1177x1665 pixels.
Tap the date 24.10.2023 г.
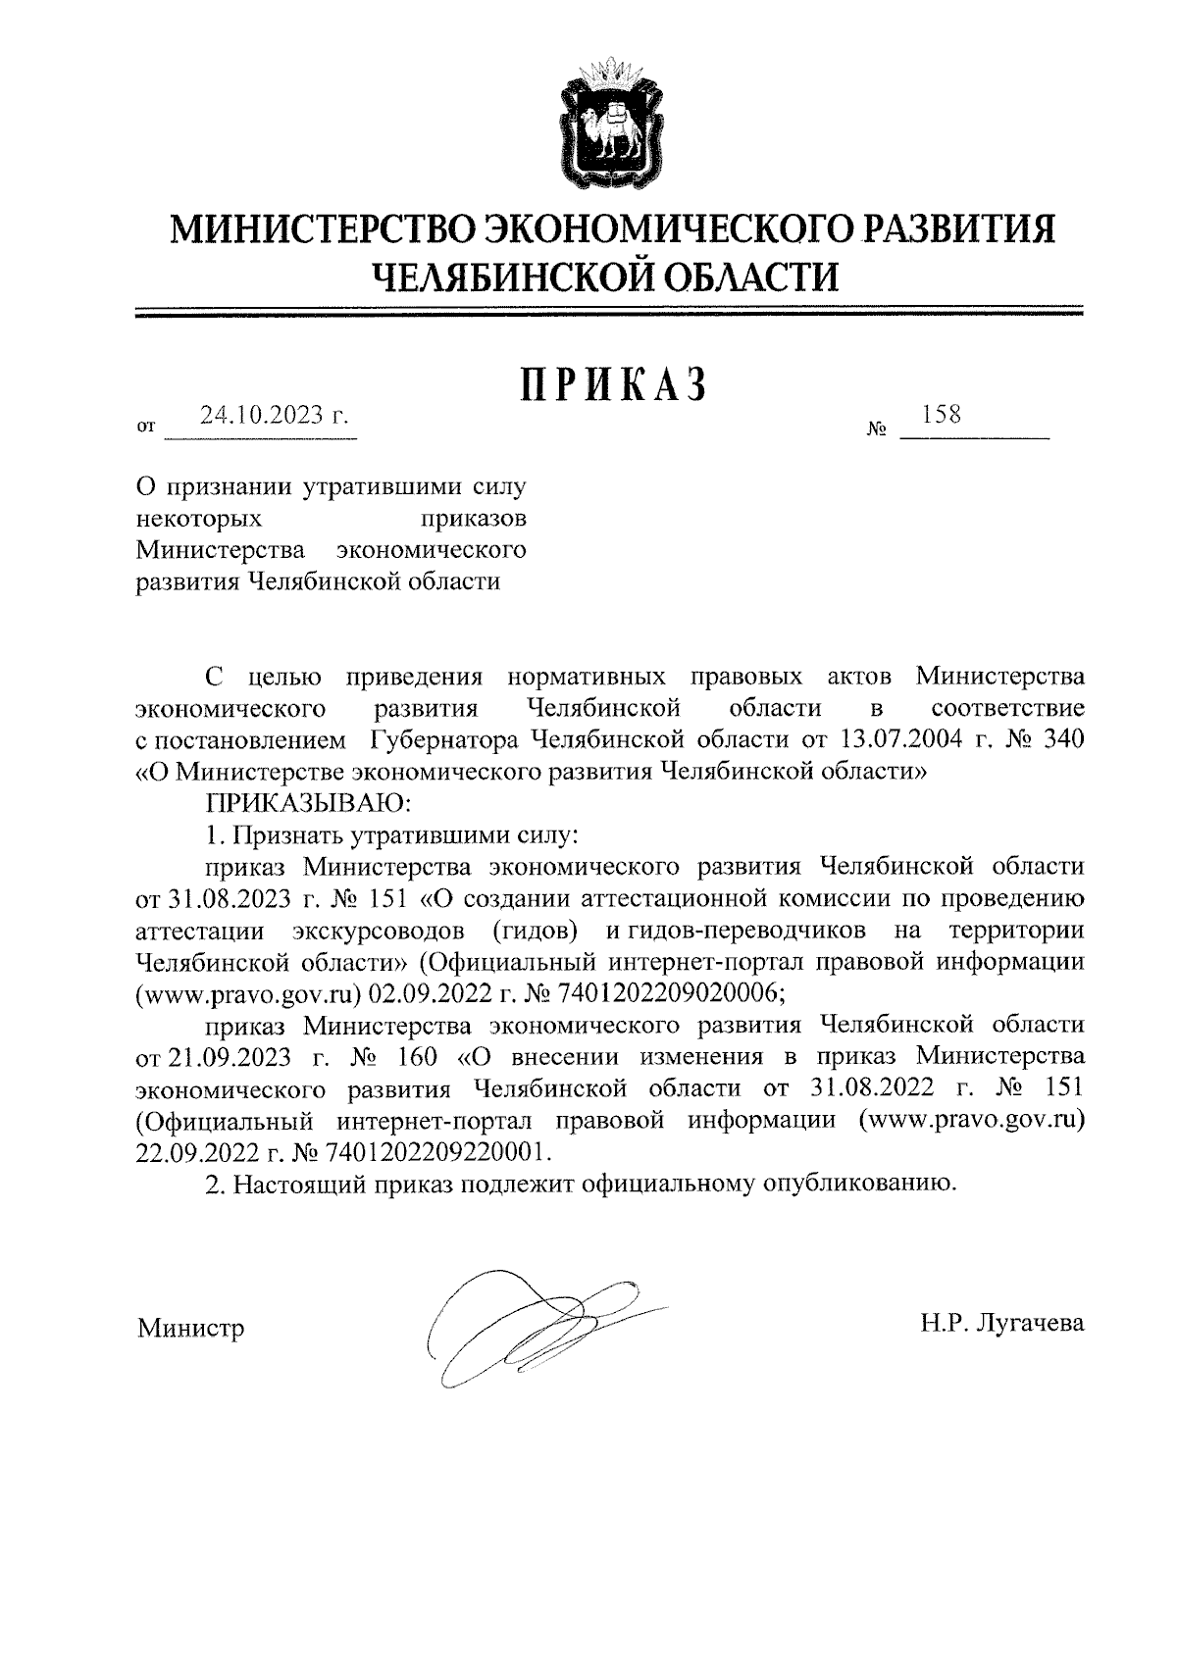pos(275,416)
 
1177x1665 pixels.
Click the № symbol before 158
pos(877,429)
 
